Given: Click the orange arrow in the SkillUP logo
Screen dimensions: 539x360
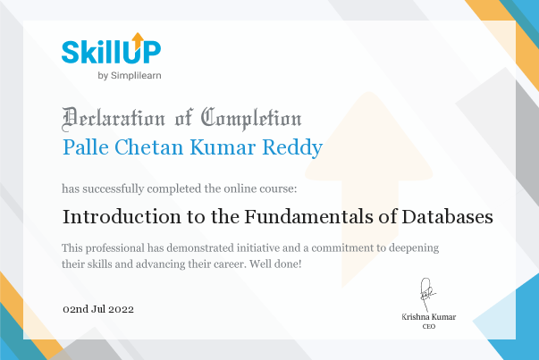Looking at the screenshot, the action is tap(138, 41).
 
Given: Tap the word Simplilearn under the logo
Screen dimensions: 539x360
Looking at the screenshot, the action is tap(136, 76).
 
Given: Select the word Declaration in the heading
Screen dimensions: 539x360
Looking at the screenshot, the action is tap(114, 119).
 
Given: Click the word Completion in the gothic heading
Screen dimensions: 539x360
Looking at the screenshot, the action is tap(251, 119).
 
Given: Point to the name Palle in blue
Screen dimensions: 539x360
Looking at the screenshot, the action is tap(86, 147).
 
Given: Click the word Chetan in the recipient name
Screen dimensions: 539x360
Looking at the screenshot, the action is tap(149, 147).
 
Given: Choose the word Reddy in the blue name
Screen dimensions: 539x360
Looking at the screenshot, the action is tap(292, 148).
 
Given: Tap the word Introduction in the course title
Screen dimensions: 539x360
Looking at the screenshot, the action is tap(122, 217).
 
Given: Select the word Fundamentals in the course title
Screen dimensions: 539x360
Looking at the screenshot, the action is tap(308, 217).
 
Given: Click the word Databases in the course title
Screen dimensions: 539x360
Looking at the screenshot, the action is tap(447, 217).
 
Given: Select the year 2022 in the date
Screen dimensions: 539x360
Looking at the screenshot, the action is tap(121, 309).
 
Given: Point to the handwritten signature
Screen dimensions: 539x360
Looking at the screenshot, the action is tap(427, 295).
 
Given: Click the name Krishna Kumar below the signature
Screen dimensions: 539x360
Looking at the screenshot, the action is tap(429, 317).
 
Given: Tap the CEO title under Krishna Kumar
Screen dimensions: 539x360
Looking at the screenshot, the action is tap(429, 326).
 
